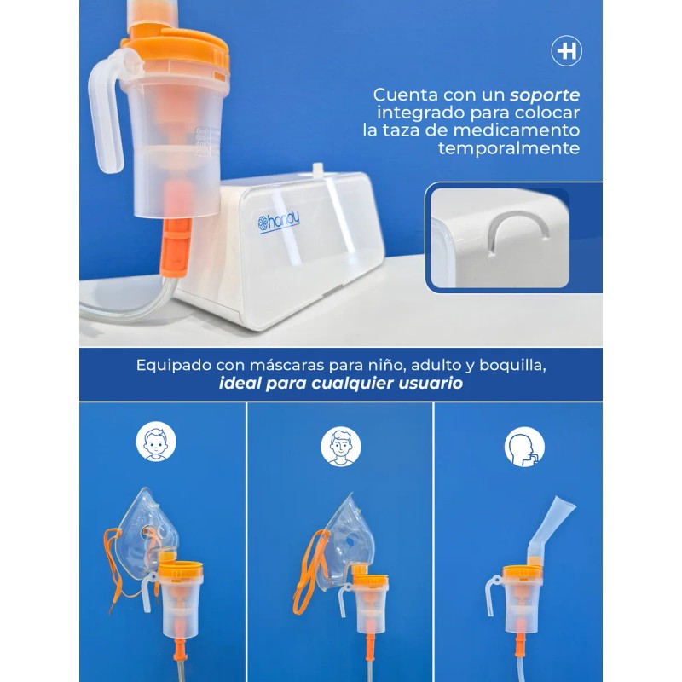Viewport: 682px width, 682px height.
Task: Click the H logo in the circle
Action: [566, 51]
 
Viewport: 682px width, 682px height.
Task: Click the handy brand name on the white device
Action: [279, 223]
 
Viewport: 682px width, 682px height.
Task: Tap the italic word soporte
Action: [545, 95]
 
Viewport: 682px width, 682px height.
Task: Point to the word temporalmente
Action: [509, 147]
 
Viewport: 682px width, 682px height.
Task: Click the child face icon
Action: [156, 441]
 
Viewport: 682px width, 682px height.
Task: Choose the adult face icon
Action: [341, 446]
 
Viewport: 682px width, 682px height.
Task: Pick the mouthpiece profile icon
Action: [524, 446]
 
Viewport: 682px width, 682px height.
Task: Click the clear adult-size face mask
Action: [344, 540]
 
